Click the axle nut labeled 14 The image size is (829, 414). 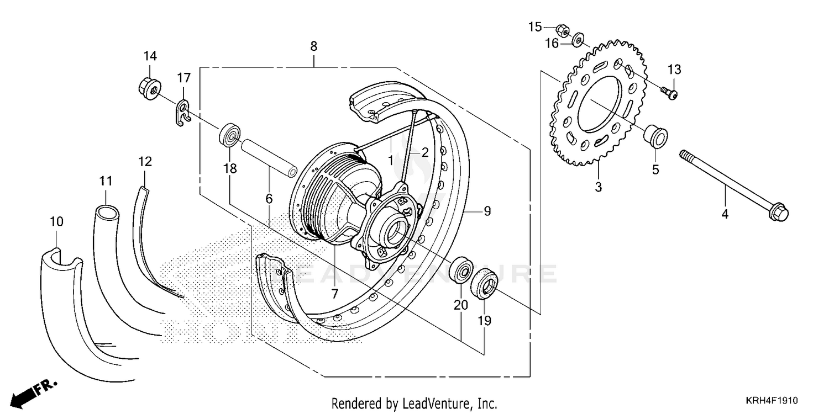149,86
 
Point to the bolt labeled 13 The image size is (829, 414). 669,92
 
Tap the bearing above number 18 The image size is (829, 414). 230,135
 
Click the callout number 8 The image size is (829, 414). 313,47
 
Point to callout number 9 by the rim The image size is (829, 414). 487,211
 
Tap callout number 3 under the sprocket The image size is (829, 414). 598,188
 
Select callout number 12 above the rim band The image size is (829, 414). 145,162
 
